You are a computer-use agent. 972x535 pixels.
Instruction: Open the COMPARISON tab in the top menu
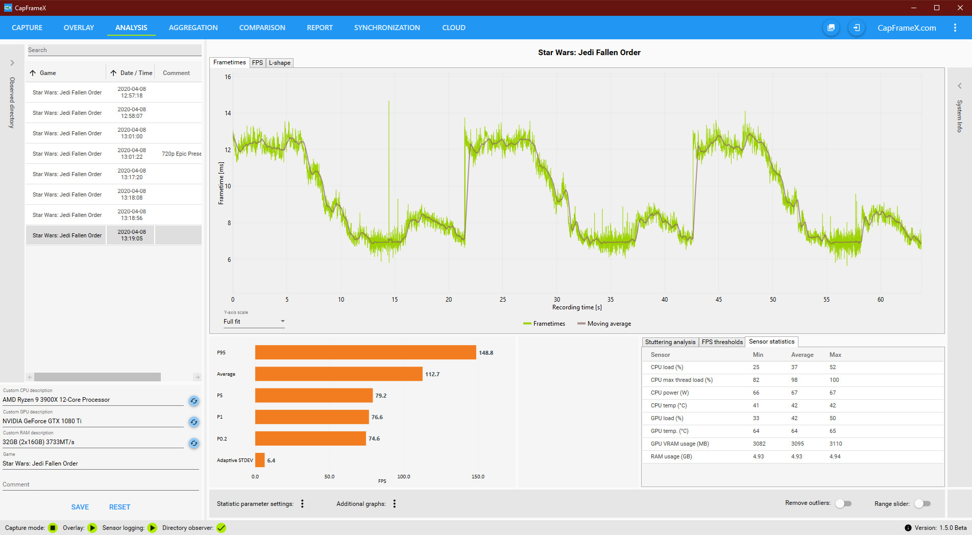(x=262, y=28)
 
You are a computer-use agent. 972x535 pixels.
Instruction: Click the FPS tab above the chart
(x=257, y=63)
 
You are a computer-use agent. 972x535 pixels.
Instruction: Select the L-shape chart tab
(x=280, y=63)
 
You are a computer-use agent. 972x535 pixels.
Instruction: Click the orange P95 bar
(x=365, y=353)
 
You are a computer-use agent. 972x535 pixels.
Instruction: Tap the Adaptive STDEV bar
(x=260, y=460)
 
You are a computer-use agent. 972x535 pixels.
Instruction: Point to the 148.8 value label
(x=486, y=353)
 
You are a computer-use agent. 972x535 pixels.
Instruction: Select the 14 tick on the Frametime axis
(x=228, y=113)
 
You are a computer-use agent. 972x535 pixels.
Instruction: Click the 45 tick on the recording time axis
(x=719, y=300)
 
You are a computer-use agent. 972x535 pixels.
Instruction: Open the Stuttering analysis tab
(x=670, y=342)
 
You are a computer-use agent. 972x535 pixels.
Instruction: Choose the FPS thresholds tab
(x=722, y=342)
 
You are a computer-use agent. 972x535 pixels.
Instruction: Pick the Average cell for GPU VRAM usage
(x=797, y=444)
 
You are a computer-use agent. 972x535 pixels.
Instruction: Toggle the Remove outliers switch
(x=843, y=503)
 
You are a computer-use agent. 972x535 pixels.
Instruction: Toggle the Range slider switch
(x=922, y=503)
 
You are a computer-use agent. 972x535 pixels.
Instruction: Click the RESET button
(x=119, y=507)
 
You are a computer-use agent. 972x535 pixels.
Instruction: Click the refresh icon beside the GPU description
(x=194, y=422)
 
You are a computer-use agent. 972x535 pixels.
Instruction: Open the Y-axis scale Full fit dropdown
(x=254, y=322)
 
